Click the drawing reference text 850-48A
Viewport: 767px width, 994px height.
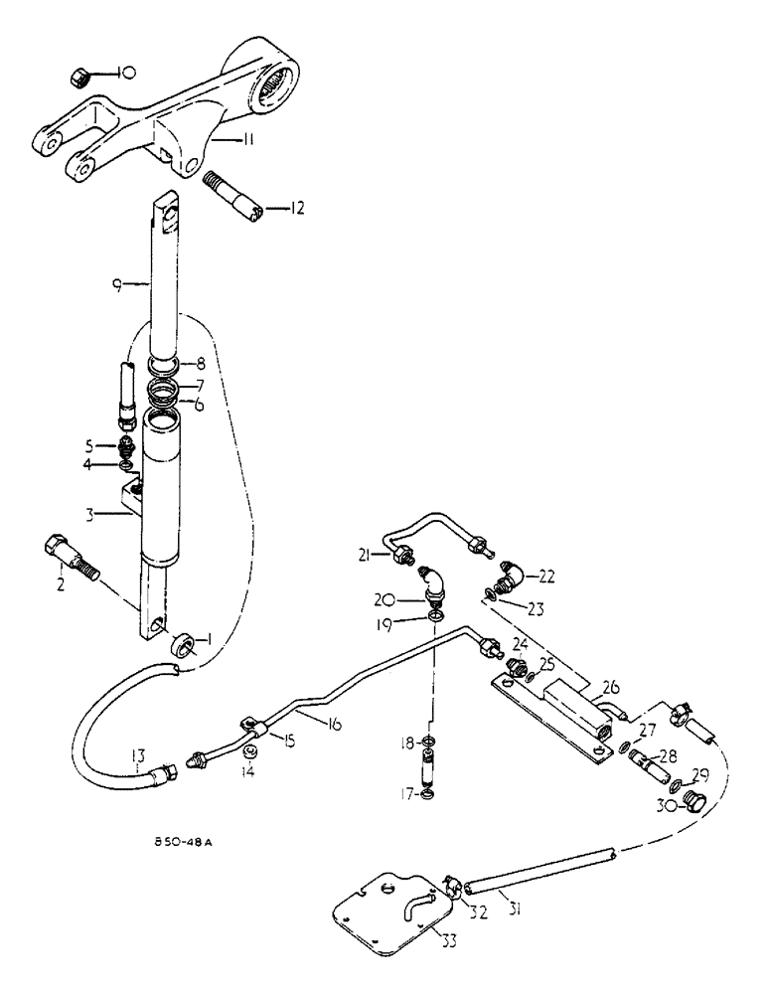pos(182,842)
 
